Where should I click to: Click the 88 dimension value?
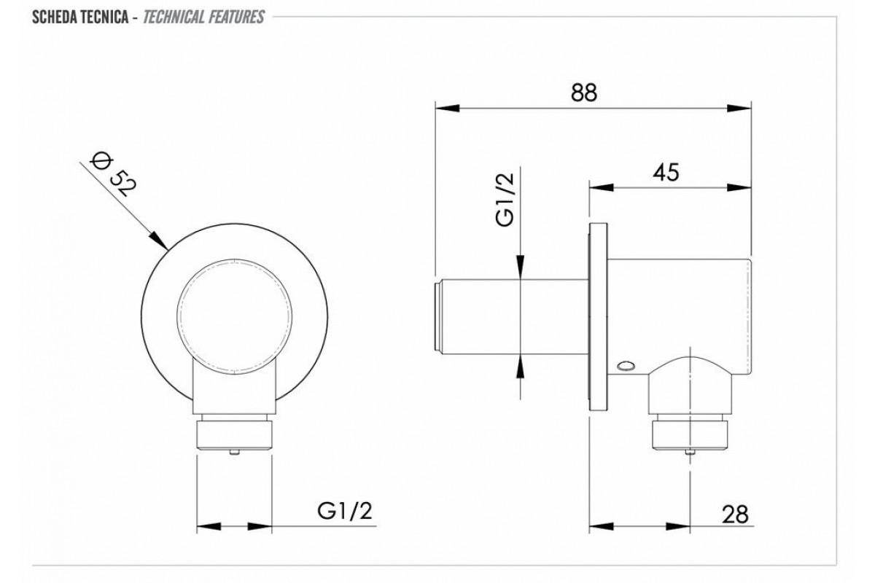(584, 93)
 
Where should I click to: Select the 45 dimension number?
(666, 172)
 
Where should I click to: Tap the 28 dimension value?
(735, 514)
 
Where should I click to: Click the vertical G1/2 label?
(505, 200)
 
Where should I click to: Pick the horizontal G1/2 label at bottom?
(345, 511)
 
